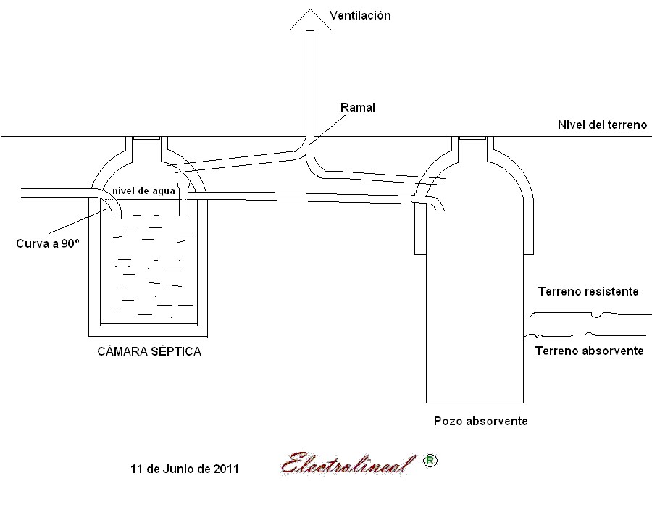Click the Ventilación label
360,15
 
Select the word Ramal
357,107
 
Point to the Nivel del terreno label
601,125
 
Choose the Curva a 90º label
47,244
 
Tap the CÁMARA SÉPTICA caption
149,352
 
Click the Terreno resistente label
588,292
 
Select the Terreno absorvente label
589,351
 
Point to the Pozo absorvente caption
480,421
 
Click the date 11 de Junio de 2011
184,469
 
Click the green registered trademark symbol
430,461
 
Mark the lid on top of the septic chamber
146,138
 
